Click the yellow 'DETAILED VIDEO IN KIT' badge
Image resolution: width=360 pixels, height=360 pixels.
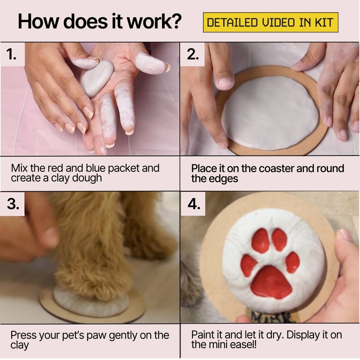point(270,23)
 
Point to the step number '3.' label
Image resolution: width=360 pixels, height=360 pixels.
point(13,204)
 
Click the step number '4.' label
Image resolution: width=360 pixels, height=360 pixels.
point(193,204)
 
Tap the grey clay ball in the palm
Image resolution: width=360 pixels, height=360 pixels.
point(96,78)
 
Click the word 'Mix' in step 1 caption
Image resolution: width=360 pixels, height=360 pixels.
point(19,168)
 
